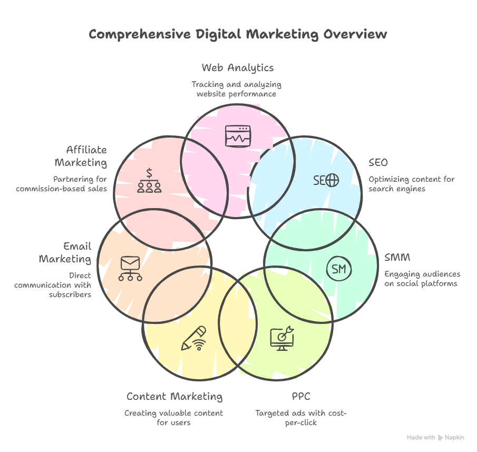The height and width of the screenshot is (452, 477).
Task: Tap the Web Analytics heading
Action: point(237,67)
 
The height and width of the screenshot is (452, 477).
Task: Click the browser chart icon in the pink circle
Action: point(238,136)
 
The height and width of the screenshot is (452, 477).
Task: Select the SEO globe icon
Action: point(332,181)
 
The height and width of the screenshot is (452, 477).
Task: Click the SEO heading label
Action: point(378,162)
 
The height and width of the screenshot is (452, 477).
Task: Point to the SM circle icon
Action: point(339,270)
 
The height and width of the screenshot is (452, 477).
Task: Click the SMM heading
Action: point(397,258)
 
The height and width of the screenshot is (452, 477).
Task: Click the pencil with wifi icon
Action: point(193,339)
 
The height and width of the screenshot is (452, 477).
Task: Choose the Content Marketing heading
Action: point(174,396)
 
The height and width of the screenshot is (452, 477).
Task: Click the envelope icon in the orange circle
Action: point(130,268)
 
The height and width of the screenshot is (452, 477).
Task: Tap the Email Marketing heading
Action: point(65,253)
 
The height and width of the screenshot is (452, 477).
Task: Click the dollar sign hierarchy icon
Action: point(149,181)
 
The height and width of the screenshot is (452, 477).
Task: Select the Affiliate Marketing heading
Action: point(81,156)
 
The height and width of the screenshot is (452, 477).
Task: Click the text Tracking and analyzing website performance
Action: point(236,89)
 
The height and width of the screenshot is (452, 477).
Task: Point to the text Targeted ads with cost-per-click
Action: point(300,418)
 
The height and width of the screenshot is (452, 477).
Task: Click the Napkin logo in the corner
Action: point(441,437)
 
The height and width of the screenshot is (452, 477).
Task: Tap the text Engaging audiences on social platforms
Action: point(422,279)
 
